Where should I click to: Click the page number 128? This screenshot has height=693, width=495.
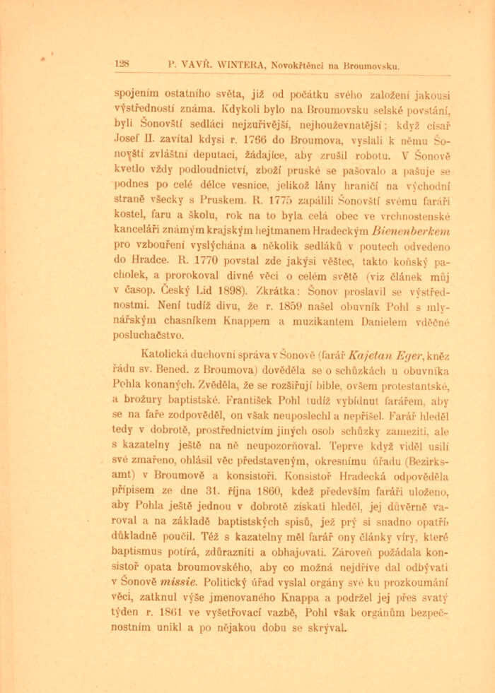[x=121, y=64]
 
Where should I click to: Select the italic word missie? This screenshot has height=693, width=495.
[x=177, y=583]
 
